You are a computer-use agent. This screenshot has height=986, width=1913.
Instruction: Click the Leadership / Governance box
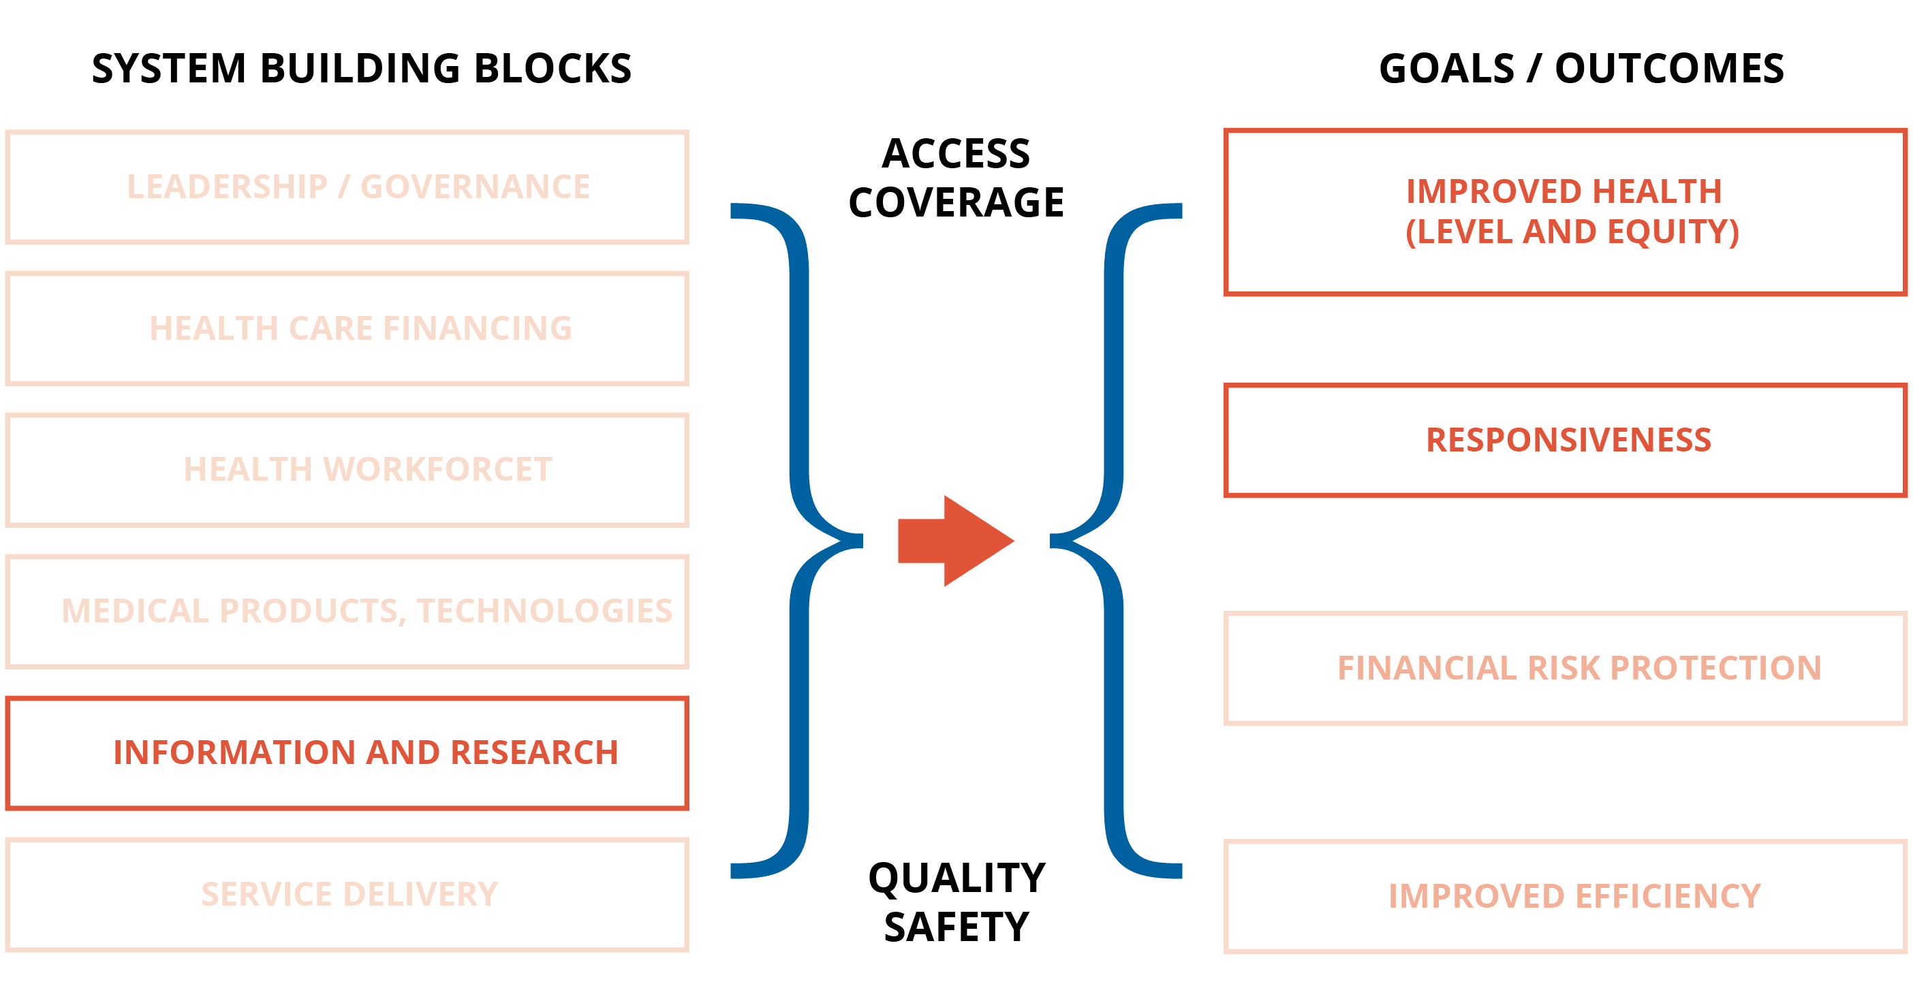click(x=347, y=187)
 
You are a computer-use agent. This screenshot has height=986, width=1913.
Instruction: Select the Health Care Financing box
click(x=347, y=329)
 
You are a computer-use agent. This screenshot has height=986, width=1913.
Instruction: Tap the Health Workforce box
click(x=347, y=470)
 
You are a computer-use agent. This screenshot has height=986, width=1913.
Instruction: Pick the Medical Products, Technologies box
click(x=347, y=611)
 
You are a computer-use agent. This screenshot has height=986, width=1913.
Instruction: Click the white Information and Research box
click(x=347, y=753)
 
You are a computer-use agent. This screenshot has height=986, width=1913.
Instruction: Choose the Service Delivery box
click(x=347, y=895)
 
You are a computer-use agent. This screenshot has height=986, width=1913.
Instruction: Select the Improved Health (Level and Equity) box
click(x=1566, y=212)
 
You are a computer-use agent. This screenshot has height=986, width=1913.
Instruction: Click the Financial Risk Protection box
click(x=1566, y=668)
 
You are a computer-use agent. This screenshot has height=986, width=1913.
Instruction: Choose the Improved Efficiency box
click(x=1566, y=896)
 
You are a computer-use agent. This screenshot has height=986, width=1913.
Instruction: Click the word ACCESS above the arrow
click(x=956, y=155)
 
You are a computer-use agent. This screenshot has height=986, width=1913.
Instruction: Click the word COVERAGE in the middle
click(x=956, y=203)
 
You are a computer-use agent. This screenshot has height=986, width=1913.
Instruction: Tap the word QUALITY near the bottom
click(x=956, y=878)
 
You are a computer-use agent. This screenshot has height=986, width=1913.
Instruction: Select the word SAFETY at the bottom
click(x=956, y=927)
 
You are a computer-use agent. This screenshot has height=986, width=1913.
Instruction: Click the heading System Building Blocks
click(x=362, y=69)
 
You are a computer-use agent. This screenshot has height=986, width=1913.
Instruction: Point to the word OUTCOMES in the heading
click(x=1668, y=69)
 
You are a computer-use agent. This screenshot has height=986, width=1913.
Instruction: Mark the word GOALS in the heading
click(x=1446, y=69)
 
